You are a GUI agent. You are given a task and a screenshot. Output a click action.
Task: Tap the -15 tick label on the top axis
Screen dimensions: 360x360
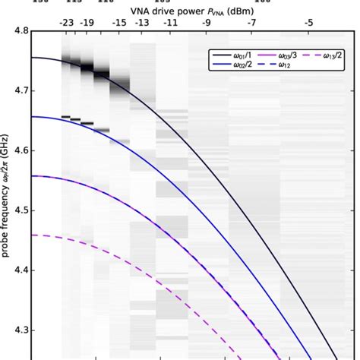(x=120, y=22)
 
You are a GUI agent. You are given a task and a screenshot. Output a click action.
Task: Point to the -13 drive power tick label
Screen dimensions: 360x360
(x=141, y=22)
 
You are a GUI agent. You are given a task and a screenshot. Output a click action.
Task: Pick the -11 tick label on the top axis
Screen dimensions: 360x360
(x=171, y=22)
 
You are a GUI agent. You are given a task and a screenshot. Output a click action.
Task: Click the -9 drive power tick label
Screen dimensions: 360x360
(x=207, y=22)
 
